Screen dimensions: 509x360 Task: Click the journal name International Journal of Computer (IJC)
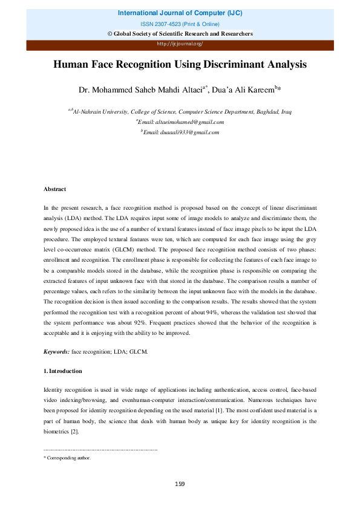click(x=180, y=12)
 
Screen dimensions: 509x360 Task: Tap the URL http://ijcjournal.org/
click(x=180, y=44)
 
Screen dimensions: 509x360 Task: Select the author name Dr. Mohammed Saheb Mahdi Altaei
click(x=142, y=90)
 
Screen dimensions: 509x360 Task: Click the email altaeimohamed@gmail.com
click(x=183, y=122)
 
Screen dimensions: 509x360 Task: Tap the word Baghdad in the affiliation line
click(x=267, y=111)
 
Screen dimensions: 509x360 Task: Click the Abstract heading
click(x=55, y=190)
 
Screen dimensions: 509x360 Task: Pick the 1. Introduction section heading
click(x=63, y=371)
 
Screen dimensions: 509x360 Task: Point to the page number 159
click(x=180, y=484)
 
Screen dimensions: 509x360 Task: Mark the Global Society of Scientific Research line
click(x=180, y=33)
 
